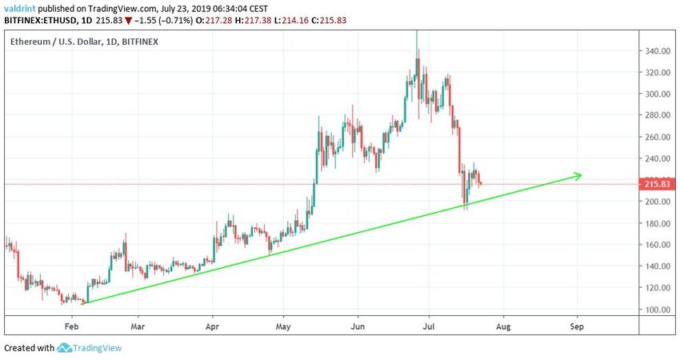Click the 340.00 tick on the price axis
click(x=657, y=51)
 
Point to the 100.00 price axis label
click(x=657, y=310)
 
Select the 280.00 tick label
click(x=657, y=115)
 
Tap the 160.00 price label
click(x=657, y=245)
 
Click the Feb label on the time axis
click(x=72, y=326)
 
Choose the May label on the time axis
click(x=283, y=326)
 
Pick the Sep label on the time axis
click(x=576, y=326)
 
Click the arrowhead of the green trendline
click(x=579, y=174)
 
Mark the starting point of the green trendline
click(x=82, y=303)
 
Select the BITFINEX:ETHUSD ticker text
click(x=41, y=21)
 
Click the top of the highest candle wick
click(x=416, y=31)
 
